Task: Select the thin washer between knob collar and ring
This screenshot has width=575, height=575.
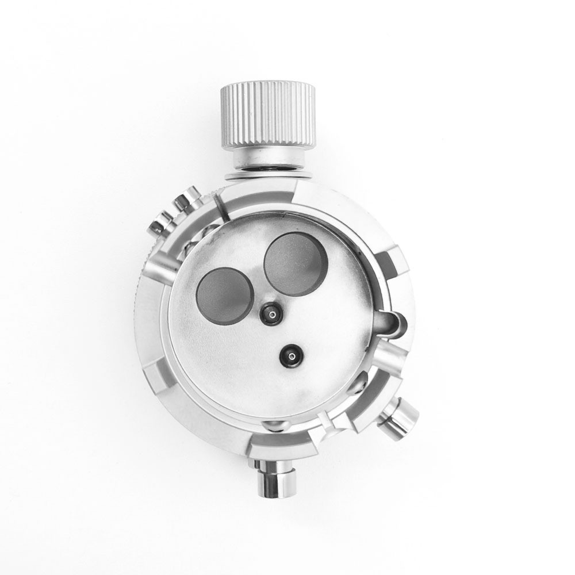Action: (268, 173)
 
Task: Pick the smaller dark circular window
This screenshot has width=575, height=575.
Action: (225, 296)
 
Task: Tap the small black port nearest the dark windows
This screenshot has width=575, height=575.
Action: (270, 313)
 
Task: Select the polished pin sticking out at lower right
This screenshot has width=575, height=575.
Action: (398, 417)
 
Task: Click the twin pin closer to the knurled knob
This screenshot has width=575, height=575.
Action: (187, 201)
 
